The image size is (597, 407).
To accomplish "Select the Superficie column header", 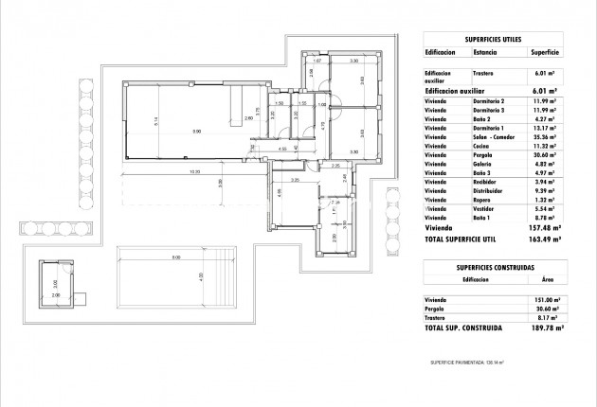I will [545, 54].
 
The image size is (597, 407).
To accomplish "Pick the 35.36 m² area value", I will [545, 136].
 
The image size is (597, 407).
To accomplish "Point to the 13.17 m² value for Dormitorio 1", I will [545, 127].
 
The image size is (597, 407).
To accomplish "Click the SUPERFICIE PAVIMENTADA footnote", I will [467, 362].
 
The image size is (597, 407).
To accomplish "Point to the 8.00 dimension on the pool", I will [176, 257].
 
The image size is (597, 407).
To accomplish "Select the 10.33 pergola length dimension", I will [194, 172].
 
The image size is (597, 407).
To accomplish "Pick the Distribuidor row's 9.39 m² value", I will [545, 190].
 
